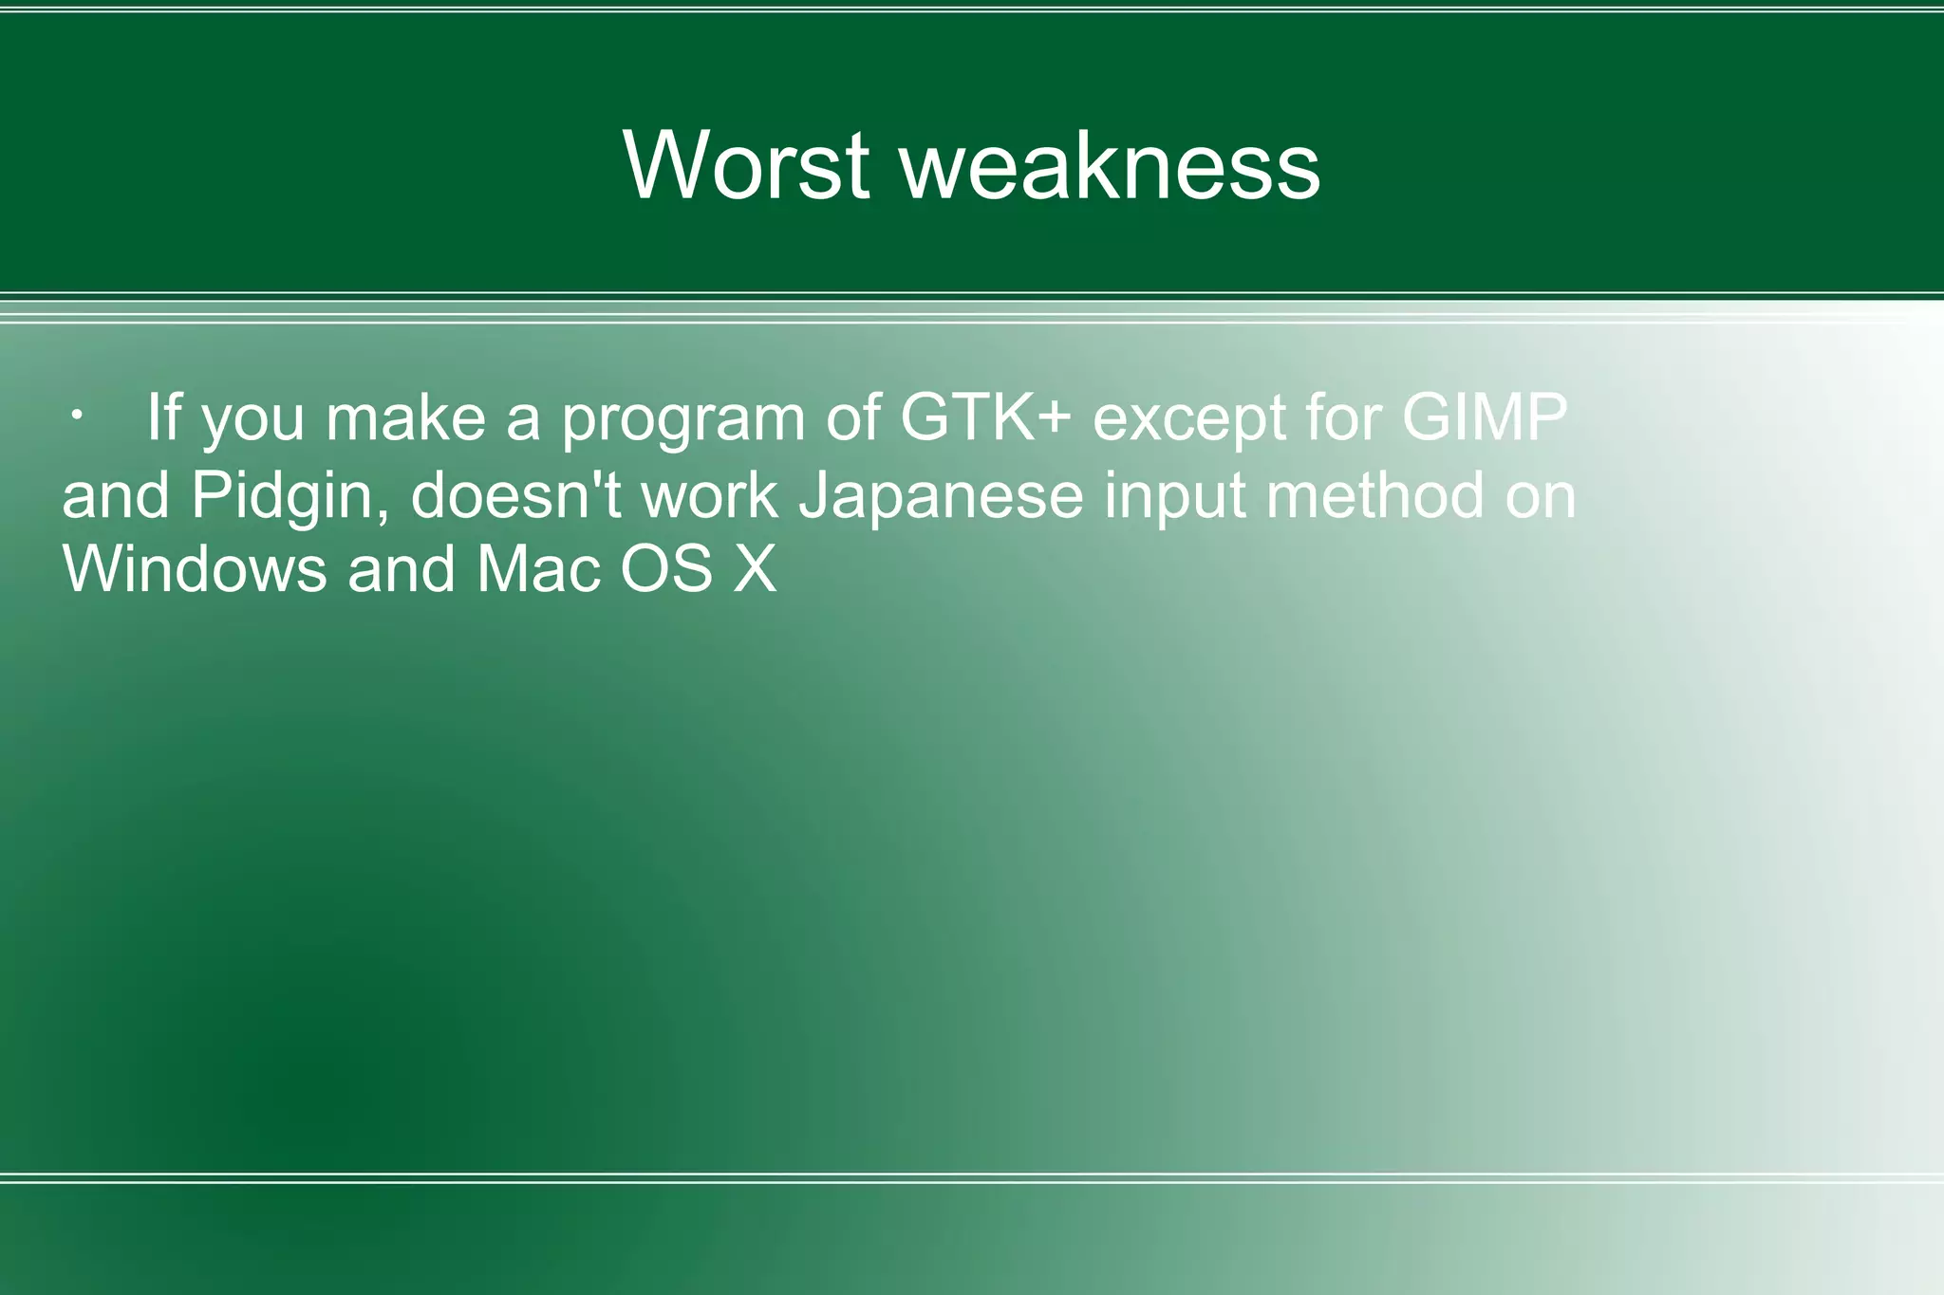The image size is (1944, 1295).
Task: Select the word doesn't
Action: (515, 495)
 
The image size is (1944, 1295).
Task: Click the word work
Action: (709, 495)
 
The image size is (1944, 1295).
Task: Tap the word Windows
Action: (194, 569)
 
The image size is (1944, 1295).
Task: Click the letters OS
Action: (666, 569)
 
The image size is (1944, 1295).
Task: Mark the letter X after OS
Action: (755, 569)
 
